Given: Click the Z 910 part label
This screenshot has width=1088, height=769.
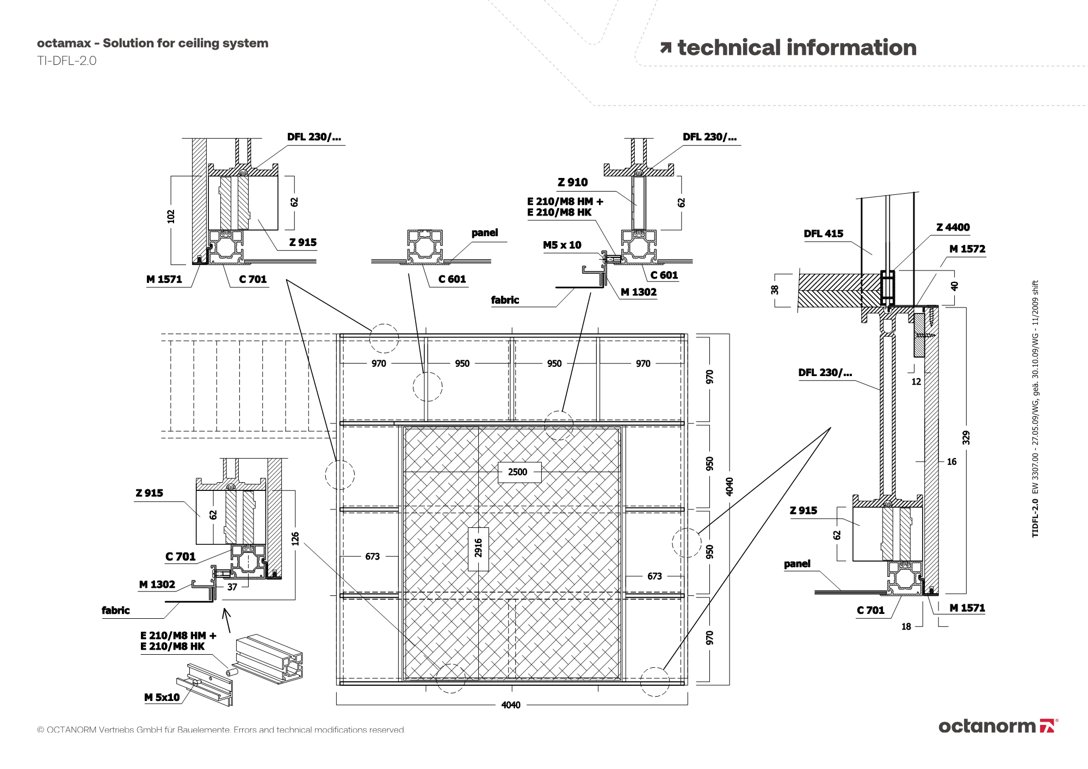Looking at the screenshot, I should click(572, 182).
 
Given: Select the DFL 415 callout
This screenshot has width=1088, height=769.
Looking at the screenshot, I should click(823, 233).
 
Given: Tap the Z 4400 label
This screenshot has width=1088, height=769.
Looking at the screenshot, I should click(953, 227).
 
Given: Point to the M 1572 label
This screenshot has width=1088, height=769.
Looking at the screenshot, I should click(967, 249).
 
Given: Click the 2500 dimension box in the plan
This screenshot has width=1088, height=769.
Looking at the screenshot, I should click(517, 472).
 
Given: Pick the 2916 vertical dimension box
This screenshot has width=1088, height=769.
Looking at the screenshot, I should click(478, 549).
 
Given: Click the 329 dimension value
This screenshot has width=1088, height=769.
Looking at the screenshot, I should click(966, 438).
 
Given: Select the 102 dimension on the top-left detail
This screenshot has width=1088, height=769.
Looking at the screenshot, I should click(171, 216).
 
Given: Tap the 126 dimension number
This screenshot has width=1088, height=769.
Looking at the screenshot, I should click(295, 539).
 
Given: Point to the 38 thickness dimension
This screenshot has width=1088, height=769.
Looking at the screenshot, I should click(775, 290).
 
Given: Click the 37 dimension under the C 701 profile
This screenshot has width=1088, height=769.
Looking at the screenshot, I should click(232, 587).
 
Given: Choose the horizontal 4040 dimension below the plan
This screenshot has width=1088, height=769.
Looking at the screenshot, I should click(510, 705).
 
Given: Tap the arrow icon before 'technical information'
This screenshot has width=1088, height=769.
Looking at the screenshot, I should click(665, 48).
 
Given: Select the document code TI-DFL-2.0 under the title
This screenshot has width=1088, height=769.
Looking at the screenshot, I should click(66, 61).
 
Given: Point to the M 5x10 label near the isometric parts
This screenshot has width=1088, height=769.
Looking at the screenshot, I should click(162, 697).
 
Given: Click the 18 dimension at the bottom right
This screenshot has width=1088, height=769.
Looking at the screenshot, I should click(906, 626).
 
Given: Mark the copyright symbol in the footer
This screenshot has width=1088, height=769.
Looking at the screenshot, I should click(40, 730).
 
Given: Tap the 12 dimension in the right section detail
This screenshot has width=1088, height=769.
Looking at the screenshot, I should click(916, 382).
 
